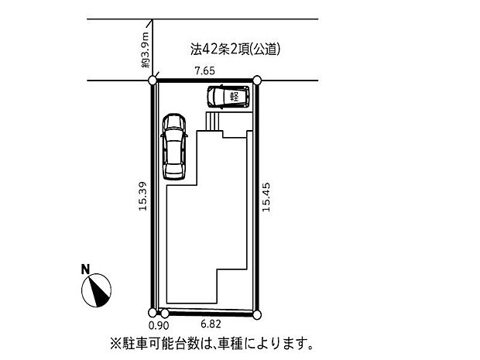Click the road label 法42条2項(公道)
(235, 50)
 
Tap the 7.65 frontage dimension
(204, 71)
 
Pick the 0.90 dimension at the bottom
(153, 327)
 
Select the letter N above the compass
(87, 269)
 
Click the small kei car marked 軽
(228, 97)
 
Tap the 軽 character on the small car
(233, 97)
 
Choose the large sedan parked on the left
(174, 146)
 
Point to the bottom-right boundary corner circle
(259, 314)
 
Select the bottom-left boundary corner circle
(153, 313)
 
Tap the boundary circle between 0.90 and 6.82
(165, 314)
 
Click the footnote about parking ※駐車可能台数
(214, 341)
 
